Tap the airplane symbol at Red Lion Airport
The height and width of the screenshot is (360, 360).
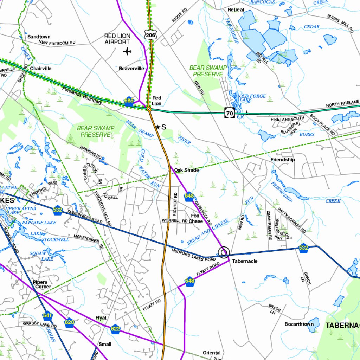pos(127,52)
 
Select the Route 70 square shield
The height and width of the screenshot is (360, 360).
pos(230,113)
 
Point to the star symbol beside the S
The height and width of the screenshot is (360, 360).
pos(158,127)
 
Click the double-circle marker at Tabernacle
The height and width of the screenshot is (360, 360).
pos(224,252)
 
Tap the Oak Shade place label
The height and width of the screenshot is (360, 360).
pos(186,170)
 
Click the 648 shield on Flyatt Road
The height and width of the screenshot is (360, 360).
pos(190,281)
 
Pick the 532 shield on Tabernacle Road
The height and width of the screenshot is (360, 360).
pos(58,210)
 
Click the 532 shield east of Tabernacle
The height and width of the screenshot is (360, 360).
pos(303,248)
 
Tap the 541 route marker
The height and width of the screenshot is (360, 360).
pos(47,315)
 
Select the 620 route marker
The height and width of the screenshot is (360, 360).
pos(70,322)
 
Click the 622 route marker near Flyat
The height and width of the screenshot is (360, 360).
pos(115,329)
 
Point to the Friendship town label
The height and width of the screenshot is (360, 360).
pos(283,160)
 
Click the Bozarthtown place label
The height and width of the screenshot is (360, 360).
pos(299,324)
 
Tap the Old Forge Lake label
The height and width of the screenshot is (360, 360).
pos(252,98)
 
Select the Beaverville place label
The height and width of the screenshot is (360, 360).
pos(131,69)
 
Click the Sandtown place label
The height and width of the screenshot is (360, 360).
pos(39,37)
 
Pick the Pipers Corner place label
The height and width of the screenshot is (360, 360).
pos(42,284)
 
